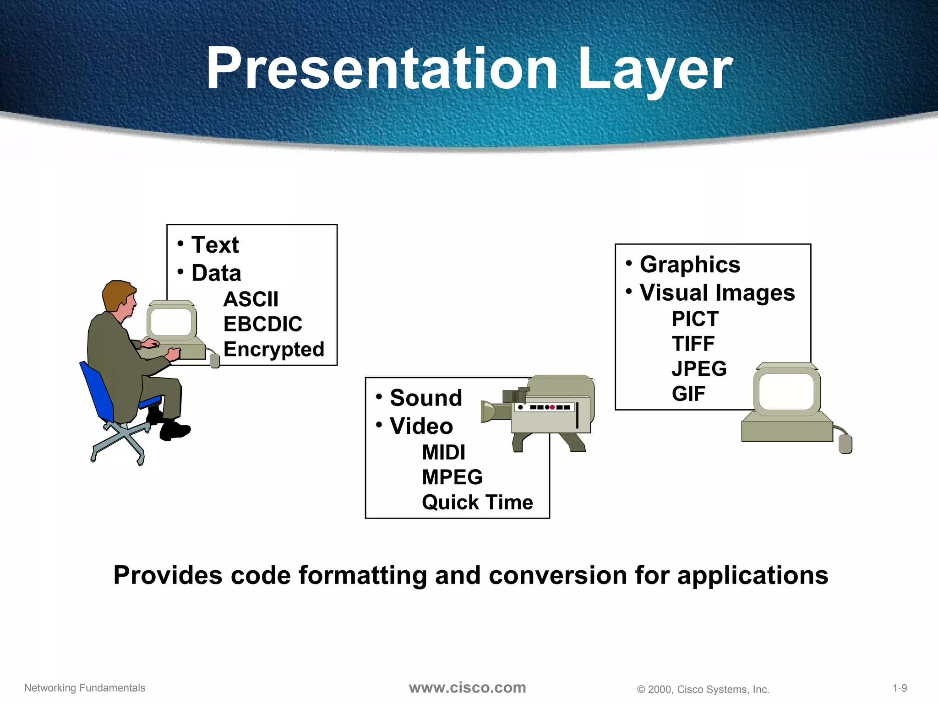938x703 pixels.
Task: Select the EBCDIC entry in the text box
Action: coord(262,324)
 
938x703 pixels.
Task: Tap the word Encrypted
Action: coord(273,349)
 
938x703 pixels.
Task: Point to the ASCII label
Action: coord(251,299)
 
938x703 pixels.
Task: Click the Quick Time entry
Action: coord(477,502)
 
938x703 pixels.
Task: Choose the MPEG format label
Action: coord(452,477)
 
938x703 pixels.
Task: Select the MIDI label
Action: coord(443,453)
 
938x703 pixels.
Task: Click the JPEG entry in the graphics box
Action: coord(699,368)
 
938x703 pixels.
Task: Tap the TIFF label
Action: coord(693,344)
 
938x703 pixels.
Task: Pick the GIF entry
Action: coord(688,394)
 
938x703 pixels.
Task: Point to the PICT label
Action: coord(695,319)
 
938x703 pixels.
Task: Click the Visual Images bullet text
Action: coord(717,292)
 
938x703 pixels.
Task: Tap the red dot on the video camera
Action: coord(552,407)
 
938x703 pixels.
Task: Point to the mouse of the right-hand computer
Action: coord(845,443)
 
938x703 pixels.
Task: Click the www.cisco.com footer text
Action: coord(467,687)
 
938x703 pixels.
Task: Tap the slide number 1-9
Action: coord(900,688)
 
